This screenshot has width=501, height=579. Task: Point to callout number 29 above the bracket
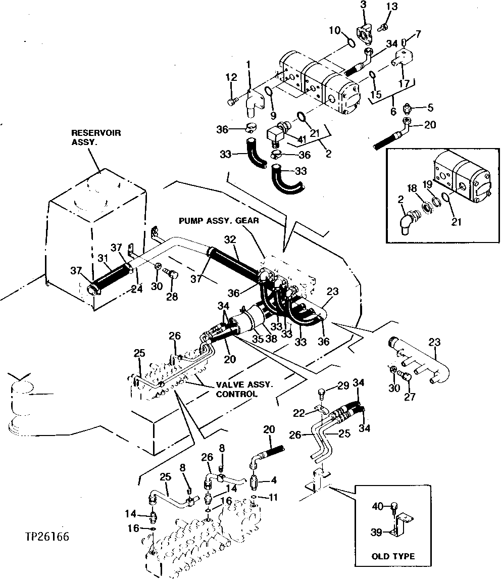[x=343, y=387]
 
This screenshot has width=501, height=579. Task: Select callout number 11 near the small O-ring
[x=274, y=498]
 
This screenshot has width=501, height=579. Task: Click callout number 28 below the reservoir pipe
[x=172, y=297]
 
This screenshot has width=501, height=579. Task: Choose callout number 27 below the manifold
[x=409, y=397]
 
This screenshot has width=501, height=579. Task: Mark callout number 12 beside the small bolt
[x=231, y=77]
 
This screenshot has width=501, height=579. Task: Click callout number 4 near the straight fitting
[x=274, y=480]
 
